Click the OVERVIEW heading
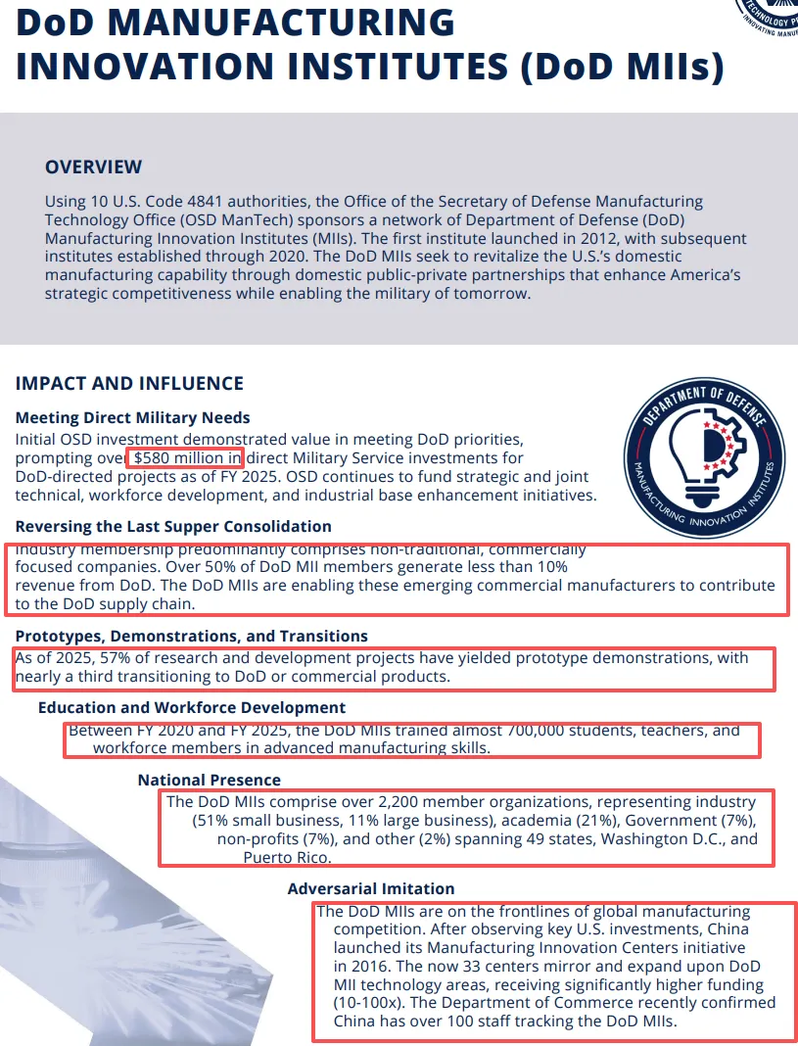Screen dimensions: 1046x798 (93, 166)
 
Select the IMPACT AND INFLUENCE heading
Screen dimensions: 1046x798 (129, 383)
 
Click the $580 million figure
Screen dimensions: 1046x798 (186, 457)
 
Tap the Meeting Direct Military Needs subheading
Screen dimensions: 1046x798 (132, 417)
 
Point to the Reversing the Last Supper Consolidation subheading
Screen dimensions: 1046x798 (173, 527)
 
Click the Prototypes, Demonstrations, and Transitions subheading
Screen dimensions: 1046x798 (191, 637)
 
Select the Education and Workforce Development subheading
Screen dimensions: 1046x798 (191, 707)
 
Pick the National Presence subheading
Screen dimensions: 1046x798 (209, 780)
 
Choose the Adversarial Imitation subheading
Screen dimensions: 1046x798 (371, 888)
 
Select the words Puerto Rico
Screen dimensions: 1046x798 (286, 857)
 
